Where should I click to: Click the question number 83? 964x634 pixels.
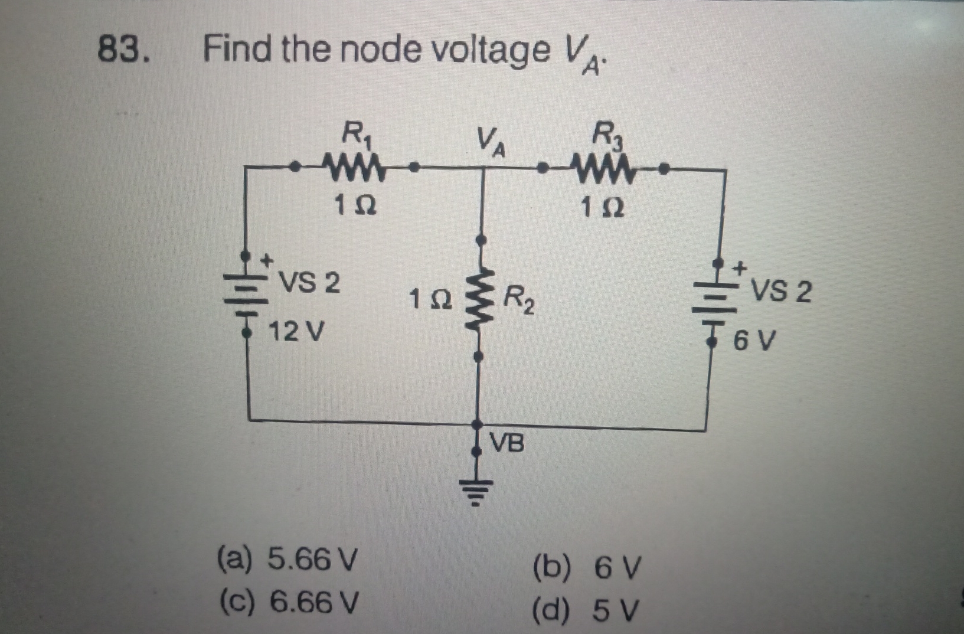tap(122, 50)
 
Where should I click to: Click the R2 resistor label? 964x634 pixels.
tap(519, 300)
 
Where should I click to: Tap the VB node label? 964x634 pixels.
tap(508, 443)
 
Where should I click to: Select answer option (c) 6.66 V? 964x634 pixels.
tap(288, 602)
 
